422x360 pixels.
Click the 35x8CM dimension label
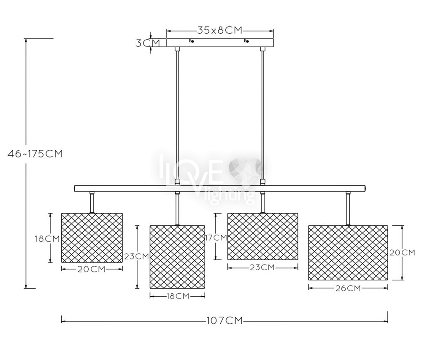coord(220,30)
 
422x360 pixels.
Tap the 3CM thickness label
coord(147,43)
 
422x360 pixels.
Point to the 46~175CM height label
coord(35,154)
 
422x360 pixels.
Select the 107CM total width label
coord(225,321)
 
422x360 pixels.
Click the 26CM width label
coord(348,288)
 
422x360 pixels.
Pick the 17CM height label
coord(216,238)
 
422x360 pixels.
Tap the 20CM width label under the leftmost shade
coord(92,269)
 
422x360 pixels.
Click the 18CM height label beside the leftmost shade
coord(47,238)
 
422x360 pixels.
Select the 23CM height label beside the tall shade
coord(136,256)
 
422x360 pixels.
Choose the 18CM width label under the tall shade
coord(178,296)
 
